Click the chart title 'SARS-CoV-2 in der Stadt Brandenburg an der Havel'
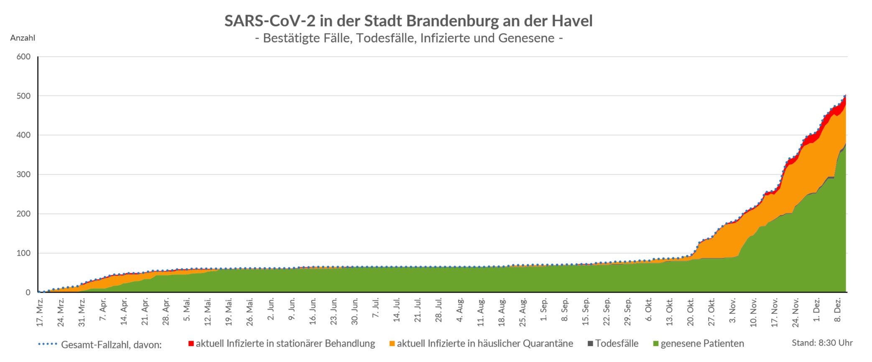click(x=408, y=21)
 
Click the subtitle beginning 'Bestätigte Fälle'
click(x=408, y=38)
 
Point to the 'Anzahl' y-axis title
click(x=23, y=38)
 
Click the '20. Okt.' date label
click(x=690, y=312)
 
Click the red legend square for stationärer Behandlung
click(x=191, y=344)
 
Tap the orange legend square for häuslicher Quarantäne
click(x=392, y=344)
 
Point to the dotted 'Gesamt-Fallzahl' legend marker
click(x=47, y=344)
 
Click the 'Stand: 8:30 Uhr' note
click(x=822, y=343)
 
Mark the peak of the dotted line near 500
click(x=845, y=96)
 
